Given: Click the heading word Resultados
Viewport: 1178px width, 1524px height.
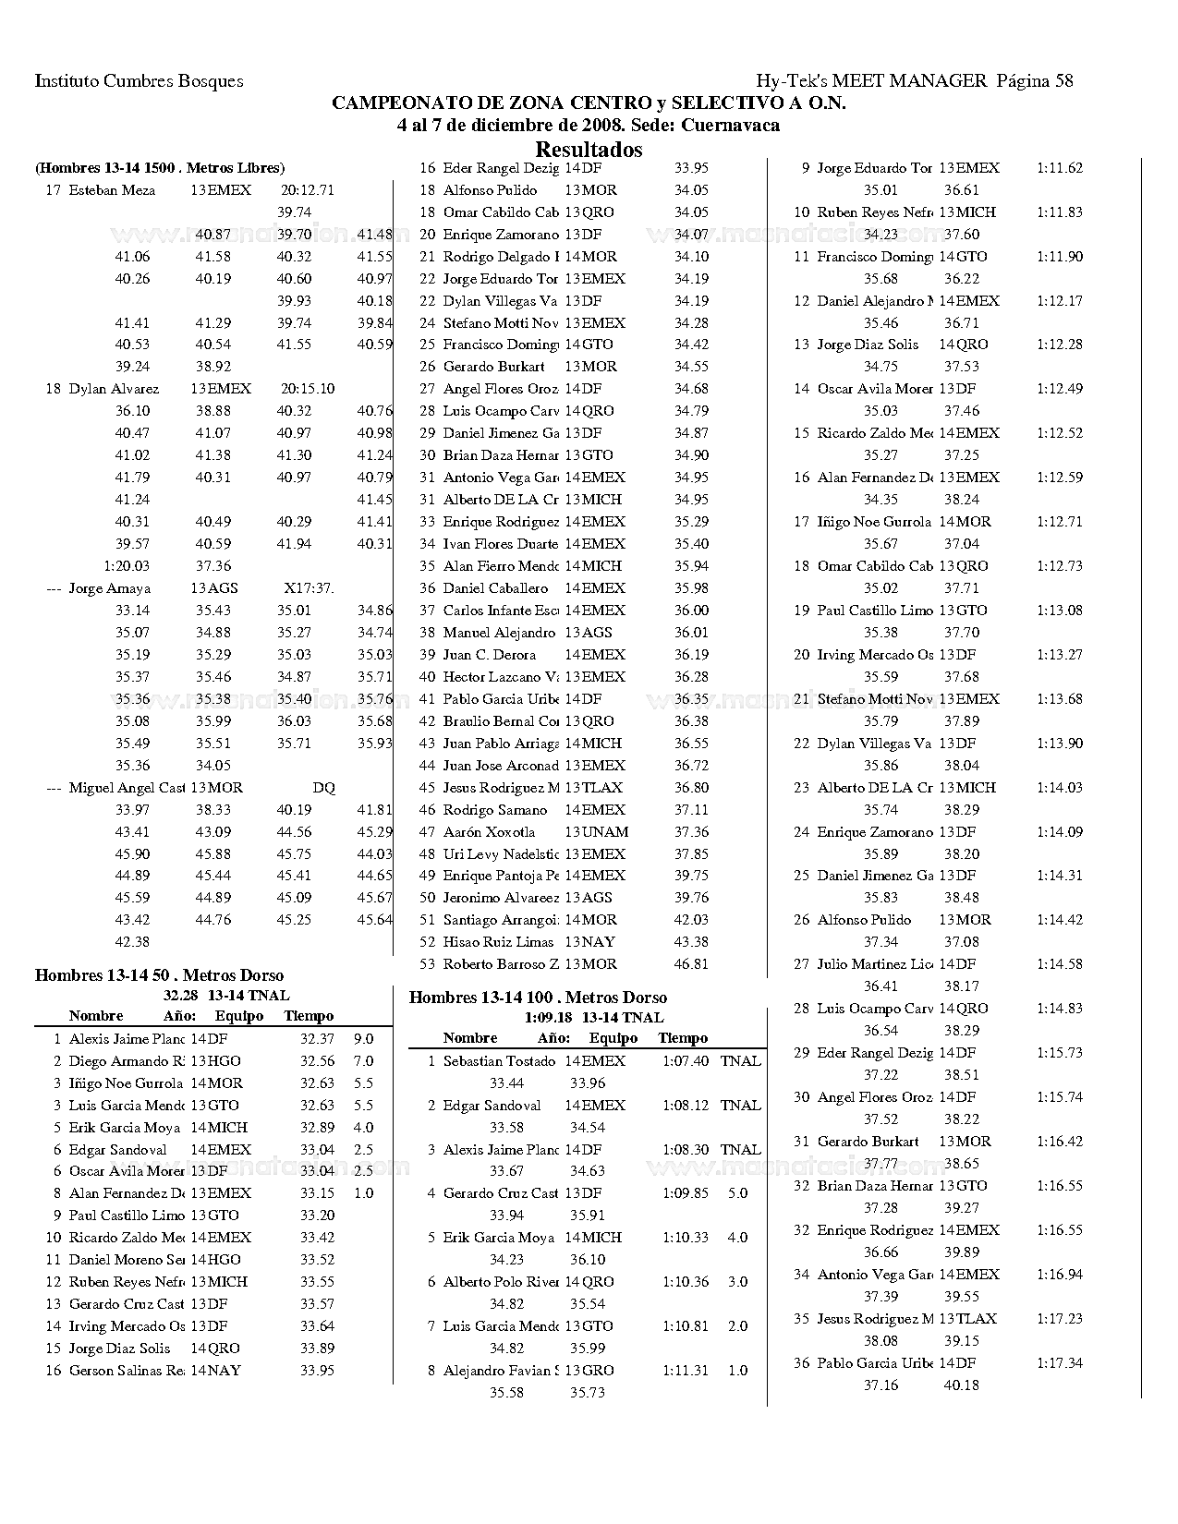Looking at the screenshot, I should click(x=589, y=150).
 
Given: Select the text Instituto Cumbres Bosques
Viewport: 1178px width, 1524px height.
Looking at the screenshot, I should click(x=140, y=81).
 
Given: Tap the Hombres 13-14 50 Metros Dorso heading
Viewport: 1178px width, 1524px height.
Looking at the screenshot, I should click(x=159, y=975).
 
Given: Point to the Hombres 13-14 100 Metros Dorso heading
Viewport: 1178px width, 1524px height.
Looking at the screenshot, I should click(x=538, y=998).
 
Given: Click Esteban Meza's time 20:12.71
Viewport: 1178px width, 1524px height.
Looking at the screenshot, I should click(x=307, y=190).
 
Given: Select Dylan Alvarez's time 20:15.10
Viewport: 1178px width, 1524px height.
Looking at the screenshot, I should click(x=307, y=389).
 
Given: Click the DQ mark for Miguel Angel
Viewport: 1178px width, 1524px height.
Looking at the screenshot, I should click(x=323, y=788).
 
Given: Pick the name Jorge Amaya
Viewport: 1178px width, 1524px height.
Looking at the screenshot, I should click(x=109, y=588).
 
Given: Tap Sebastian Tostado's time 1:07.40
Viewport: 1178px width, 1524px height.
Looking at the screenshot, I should click(x=685, y=1061).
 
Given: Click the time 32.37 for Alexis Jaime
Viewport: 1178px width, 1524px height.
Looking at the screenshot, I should click(x=317, y=1039).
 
